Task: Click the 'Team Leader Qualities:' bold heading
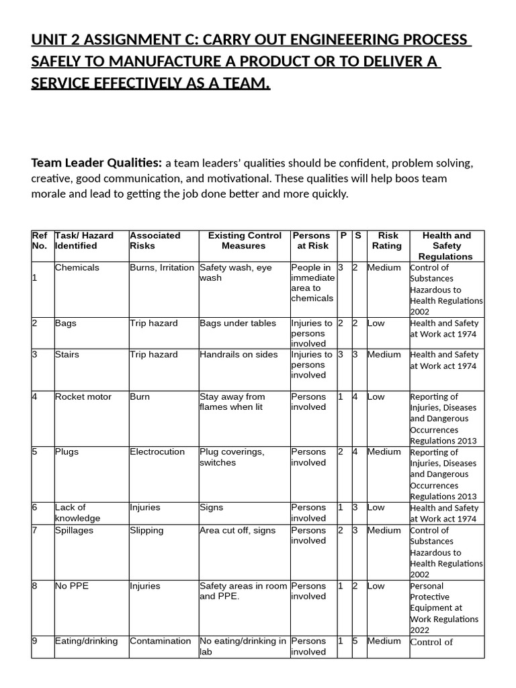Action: (x=97, y=163)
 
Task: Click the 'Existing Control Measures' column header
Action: (x=245, y=241)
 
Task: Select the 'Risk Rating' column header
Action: (x=388, y=241)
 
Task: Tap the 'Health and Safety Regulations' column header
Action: (x=446, y=246)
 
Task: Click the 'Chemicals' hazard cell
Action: (x=77, y=267)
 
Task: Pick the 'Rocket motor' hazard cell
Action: (x=83, y=396)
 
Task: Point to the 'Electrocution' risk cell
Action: (x=157, y=451)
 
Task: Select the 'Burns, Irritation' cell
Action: (x=162, y=267)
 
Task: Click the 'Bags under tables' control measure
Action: (x=238, y=323)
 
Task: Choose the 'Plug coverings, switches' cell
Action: (x=232, y=457)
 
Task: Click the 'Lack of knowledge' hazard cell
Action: (x=77, y=513)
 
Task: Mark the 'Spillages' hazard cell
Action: (x=75, y=530)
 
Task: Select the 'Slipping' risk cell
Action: (x=146, y=530)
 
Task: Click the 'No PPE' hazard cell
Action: (x=72, y=586)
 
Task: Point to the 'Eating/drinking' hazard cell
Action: (x=86, y=641)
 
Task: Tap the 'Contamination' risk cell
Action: (x=161, y=641)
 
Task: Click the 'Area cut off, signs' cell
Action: (x=238, y=530)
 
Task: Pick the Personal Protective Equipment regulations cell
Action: (x=444, y=608)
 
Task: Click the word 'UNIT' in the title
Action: (x=51, y=40)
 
